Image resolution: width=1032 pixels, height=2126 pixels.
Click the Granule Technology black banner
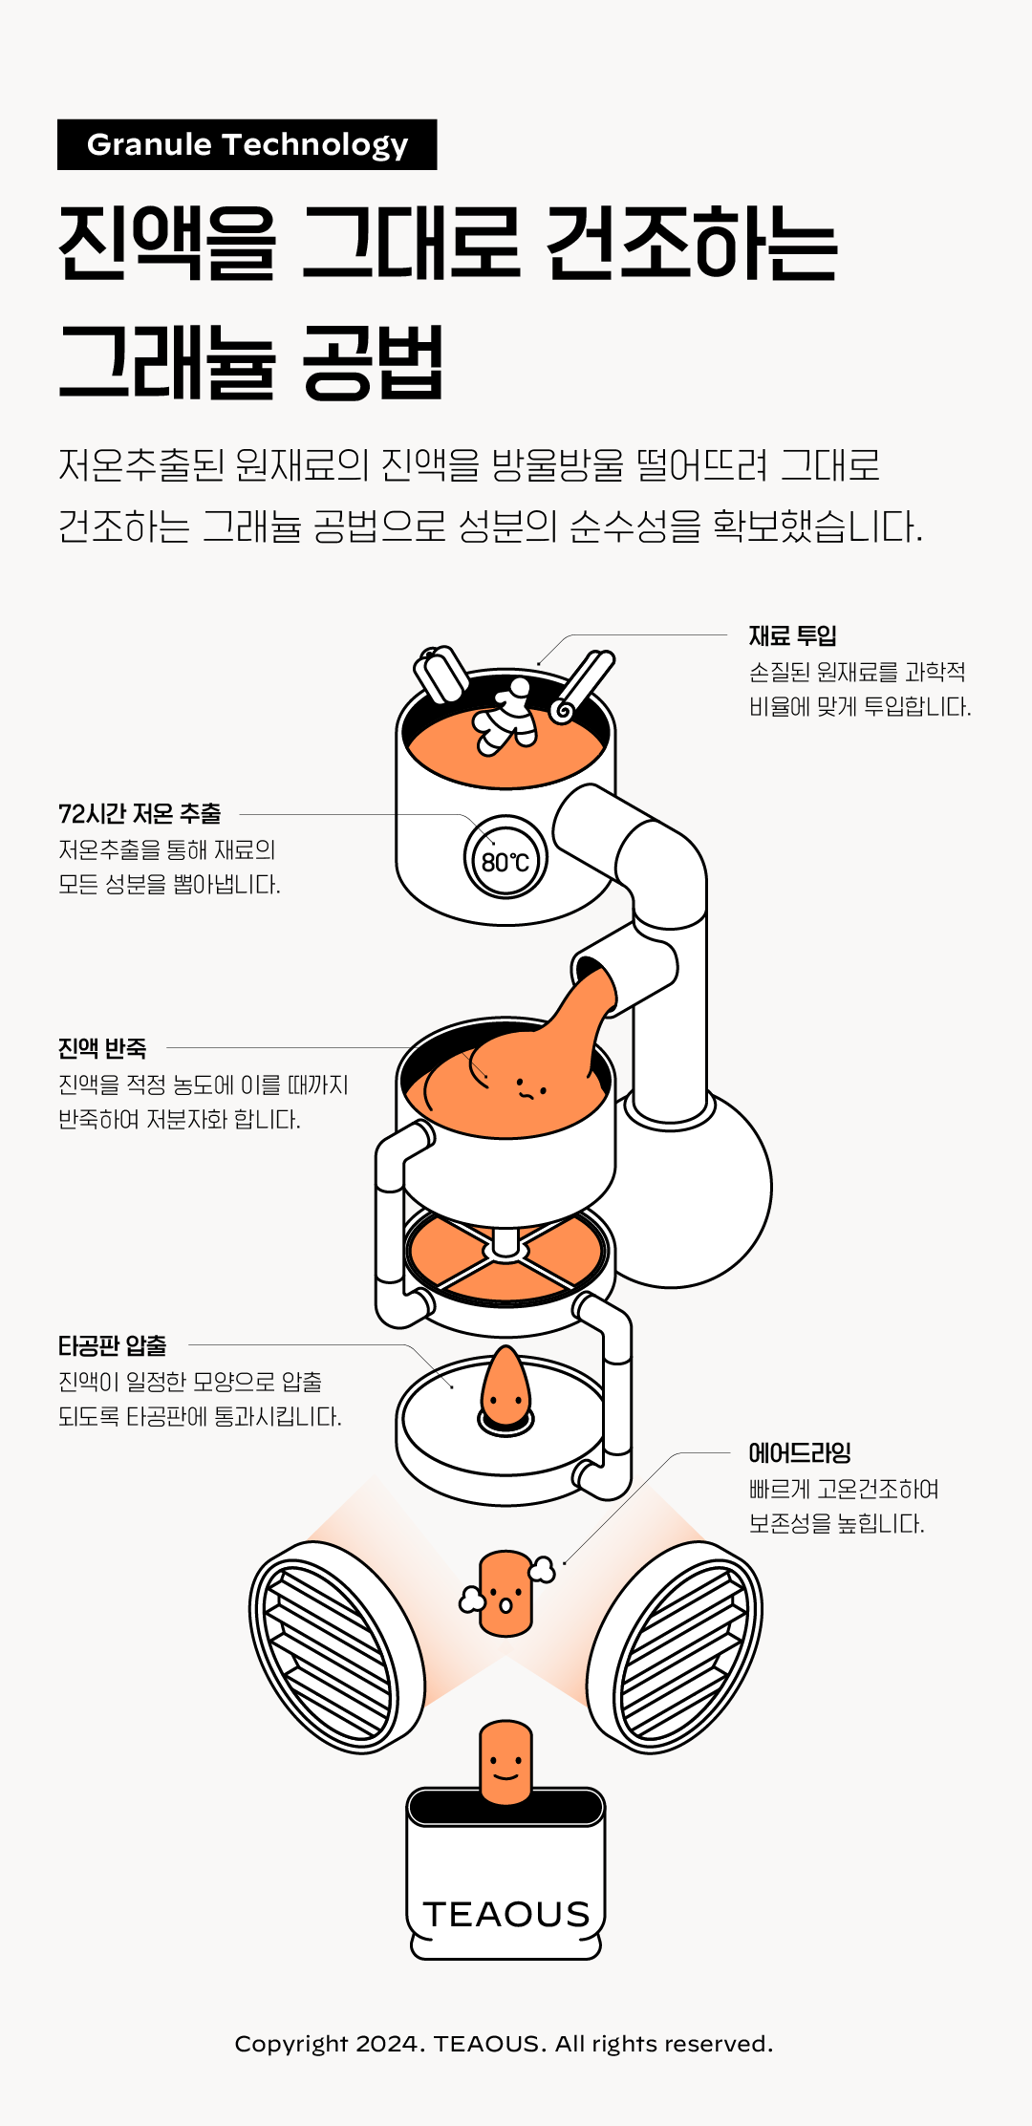[x=247, y=144]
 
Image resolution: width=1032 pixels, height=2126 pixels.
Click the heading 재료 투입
[x=792, y=635]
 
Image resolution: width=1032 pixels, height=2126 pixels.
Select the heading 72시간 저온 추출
[x=140, y=814]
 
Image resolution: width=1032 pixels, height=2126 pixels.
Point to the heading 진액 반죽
[x=102, y=1048]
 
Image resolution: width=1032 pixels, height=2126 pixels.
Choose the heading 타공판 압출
[x=113, y=1345]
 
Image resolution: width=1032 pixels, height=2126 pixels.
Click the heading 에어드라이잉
[x=800, y=1453]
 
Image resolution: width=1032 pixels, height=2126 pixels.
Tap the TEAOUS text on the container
[x=506, y=1914]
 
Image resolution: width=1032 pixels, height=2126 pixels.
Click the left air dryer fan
[x=336, y=1646]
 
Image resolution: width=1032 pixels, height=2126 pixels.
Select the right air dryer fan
[x=675, y=1646]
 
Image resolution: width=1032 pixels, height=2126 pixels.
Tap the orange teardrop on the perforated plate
[x=505, y=1386]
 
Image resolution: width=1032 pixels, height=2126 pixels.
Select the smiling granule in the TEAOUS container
[x=505, y=1763]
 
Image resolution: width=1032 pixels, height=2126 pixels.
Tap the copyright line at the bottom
[x=504, y=2043]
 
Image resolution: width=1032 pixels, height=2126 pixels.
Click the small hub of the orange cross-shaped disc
[x=505, y=1244]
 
